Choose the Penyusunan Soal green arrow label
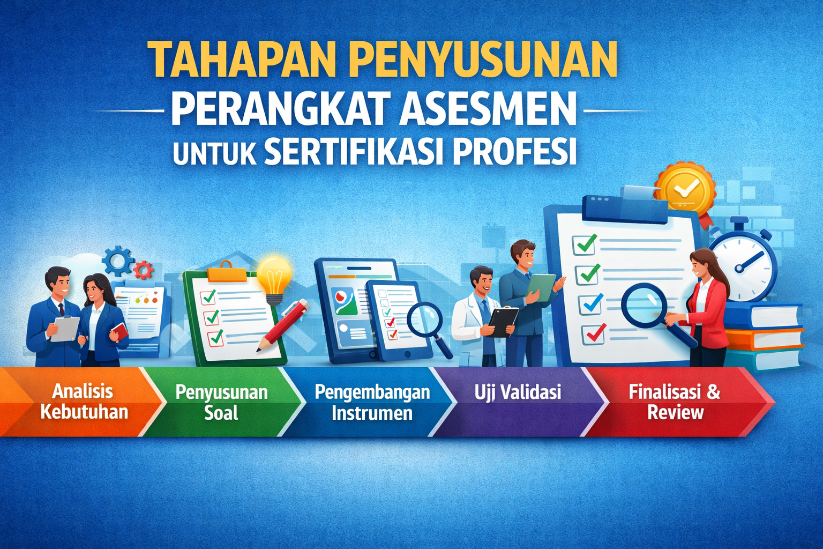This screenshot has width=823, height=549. [x=221, y=402]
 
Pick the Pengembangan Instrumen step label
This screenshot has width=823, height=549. [x=372, y=402]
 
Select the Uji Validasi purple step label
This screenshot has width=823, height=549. [x=517, y=392]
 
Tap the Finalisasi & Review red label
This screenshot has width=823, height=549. [x=675, y=402]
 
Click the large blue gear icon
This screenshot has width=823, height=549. [x=117, y=261]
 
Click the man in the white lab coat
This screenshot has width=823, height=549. [x=477, y=316]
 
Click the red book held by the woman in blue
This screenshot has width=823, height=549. [x=120, y=331]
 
